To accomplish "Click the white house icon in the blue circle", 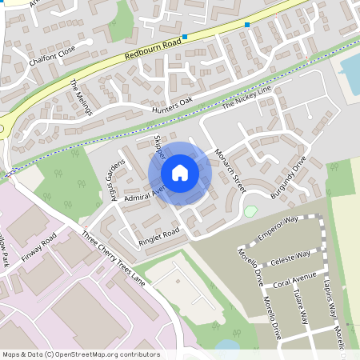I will pyautogui.click(x=180, y=172).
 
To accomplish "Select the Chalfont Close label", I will pyautogui.click(x=50, y=49).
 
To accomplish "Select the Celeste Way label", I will pyautogui.click(x=290, y=256).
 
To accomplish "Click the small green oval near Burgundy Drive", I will pyautogui.click(x=251, y=211).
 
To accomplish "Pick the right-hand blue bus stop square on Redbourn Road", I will pyautogui.click(x=247, y=25).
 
